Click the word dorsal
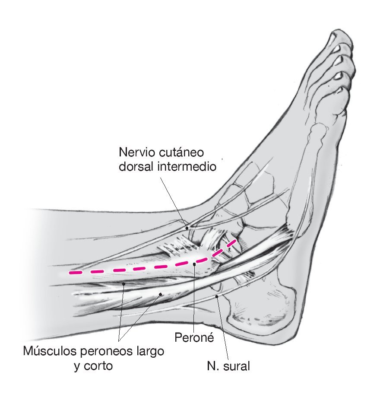[135, 167]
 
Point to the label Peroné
[194, 337]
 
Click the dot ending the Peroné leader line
[195, 264]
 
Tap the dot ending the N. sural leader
[216, 296]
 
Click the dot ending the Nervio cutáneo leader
[187, 228]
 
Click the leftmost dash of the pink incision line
[76, 273]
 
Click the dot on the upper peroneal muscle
[124, 284]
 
